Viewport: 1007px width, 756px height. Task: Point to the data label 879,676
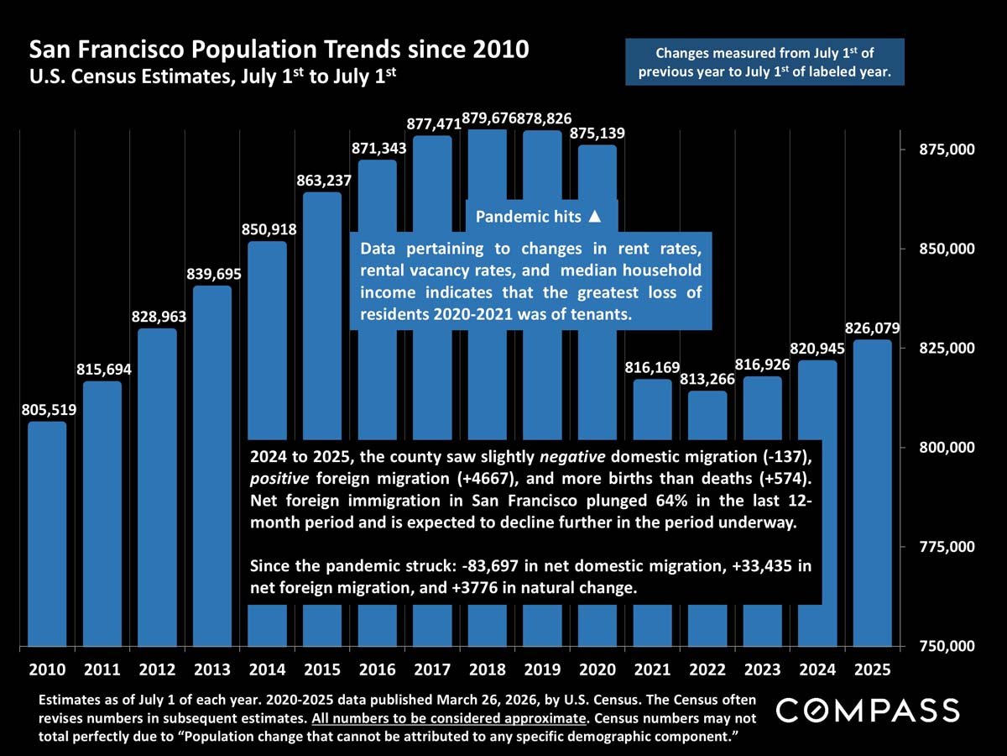point(488,117)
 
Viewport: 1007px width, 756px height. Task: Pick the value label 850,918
point(267,228)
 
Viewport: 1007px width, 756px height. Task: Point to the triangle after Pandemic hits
point(595,217)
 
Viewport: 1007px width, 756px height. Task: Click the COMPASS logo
point(867,711)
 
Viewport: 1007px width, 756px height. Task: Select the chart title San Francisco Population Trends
point(279,50)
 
